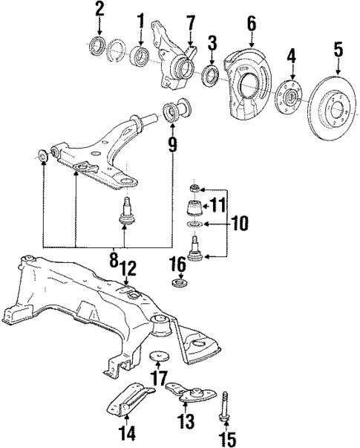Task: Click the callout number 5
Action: (338, 51)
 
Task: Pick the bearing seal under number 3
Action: (210, 74)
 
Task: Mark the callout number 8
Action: (114, 260)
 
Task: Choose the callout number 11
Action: (216, 206)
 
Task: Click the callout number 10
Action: (240, 222)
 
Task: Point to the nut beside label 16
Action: (178, 283)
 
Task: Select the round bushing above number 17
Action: (158, 355)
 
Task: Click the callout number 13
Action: (183, 421)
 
